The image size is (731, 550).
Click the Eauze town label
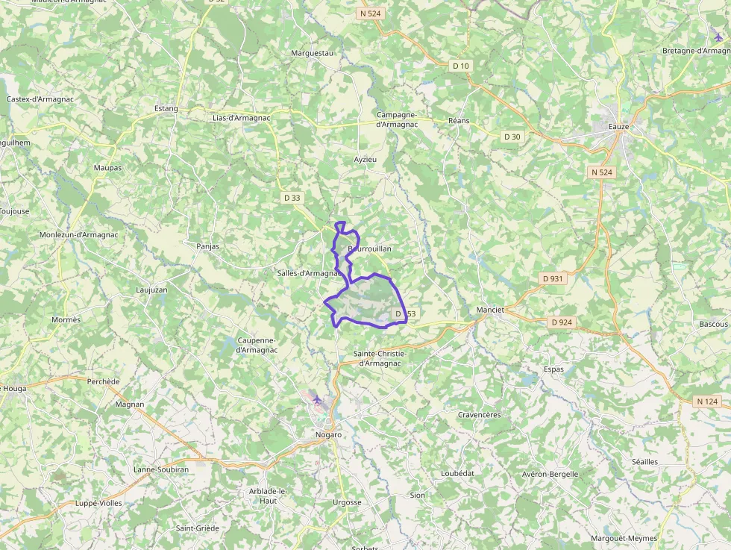click(619, 127)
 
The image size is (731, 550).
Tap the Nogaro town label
click(329, 434)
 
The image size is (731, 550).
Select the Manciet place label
click(491, 309)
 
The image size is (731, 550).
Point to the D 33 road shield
click(292, 198)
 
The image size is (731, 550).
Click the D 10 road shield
click(461, 66)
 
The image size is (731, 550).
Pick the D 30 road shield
click(512, 137)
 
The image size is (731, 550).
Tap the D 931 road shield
click(553, 278)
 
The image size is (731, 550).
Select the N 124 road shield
click(707, 401)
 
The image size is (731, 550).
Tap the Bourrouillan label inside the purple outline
click(369, 249)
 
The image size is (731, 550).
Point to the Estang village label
click(166, 108)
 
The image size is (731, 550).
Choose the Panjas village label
click(208, 246)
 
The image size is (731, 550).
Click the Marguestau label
click(312, 54)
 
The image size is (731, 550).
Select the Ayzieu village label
click(365, 160)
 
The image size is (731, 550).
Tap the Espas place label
click(554, 369)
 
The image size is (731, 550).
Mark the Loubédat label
click(457, 473)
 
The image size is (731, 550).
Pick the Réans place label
click(459, 120)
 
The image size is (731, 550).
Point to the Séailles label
click(645, 462)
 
